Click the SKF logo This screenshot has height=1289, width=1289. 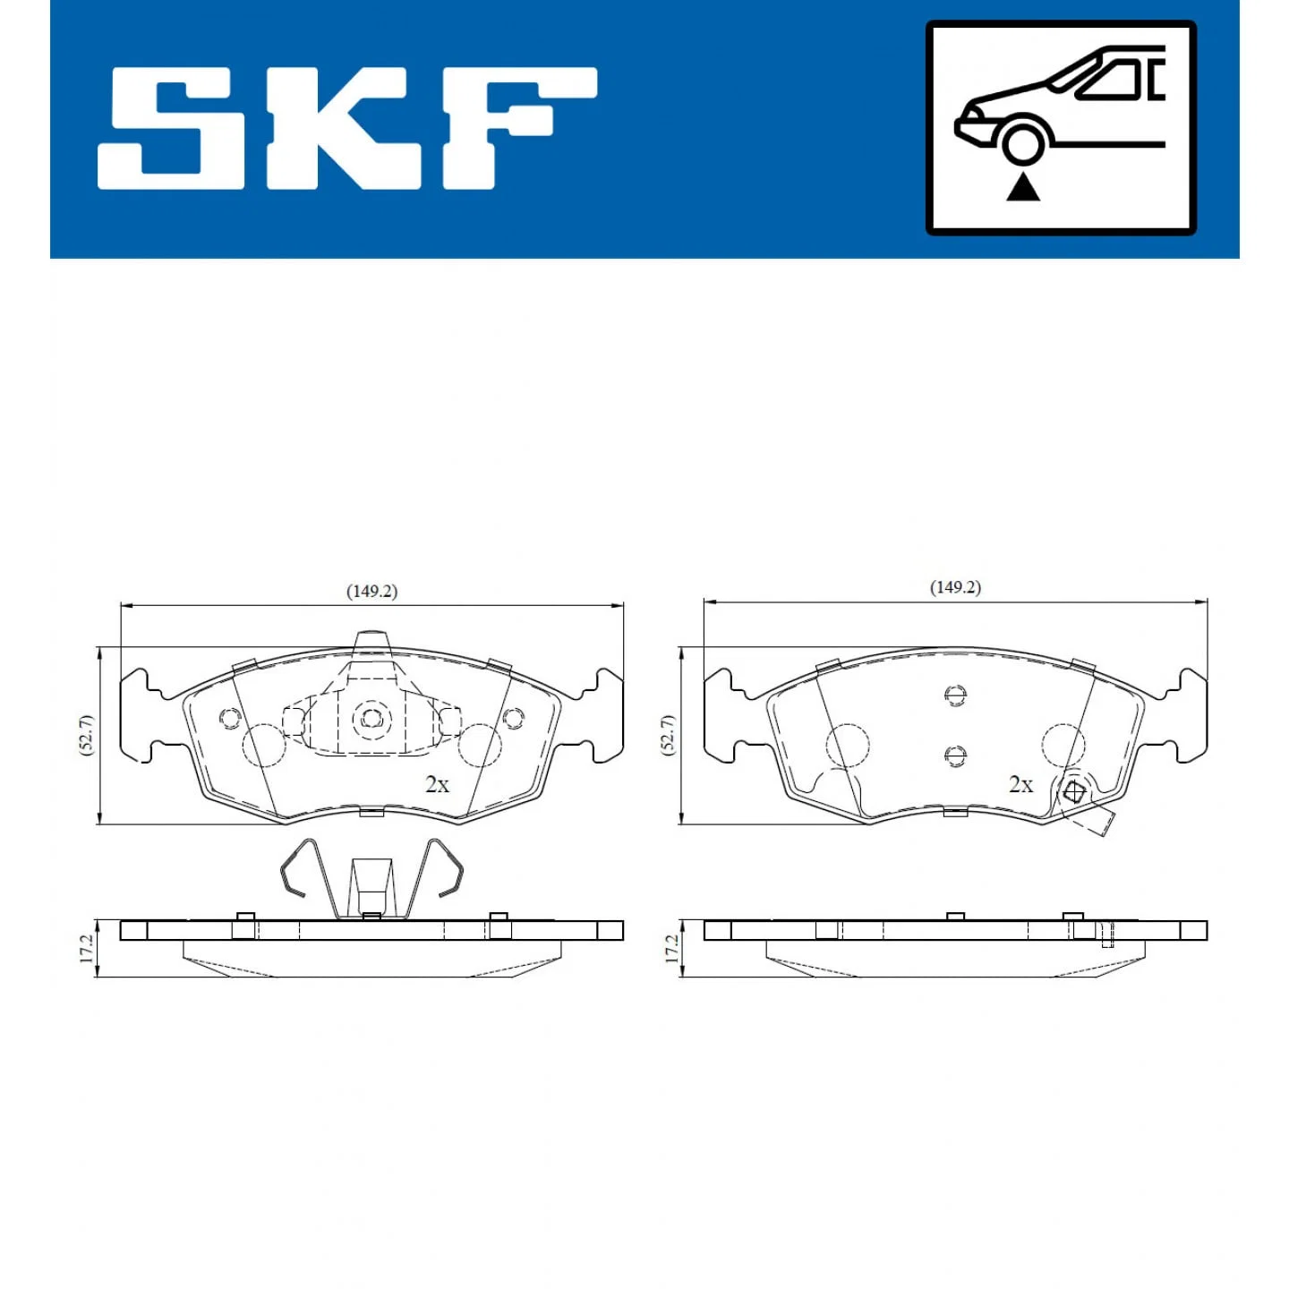(346, 127)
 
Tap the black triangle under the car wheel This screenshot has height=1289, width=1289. (1023, 187)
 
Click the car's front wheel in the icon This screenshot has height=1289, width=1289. (1022, 142)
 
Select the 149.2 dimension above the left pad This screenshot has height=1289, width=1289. (371, 592)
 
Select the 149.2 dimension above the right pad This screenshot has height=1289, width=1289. (955, 587)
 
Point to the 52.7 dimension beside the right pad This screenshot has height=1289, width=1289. (668, 735)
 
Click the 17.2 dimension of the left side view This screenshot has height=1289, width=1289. (86, 949)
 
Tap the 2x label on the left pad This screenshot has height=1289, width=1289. (438, 785)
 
